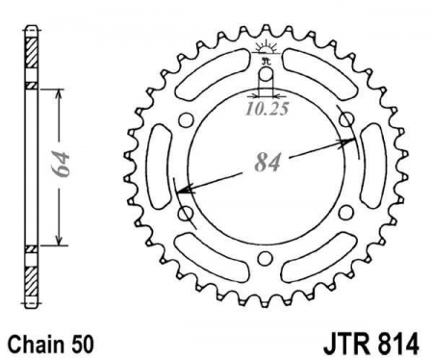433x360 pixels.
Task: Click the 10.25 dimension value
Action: point(267,109)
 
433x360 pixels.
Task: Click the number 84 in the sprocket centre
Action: point(267,162)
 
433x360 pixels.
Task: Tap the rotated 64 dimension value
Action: point(61,164)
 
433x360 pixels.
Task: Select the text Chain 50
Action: point(51,345)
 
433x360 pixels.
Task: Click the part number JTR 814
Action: point(371,345)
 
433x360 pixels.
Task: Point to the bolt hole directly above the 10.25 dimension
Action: point(266,75)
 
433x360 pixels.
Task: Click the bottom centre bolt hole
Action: point(265,258)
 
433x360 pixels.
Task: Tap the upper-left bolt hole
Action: point(186,120)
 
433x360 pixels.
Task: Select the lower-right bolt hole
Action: point(344,213)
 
